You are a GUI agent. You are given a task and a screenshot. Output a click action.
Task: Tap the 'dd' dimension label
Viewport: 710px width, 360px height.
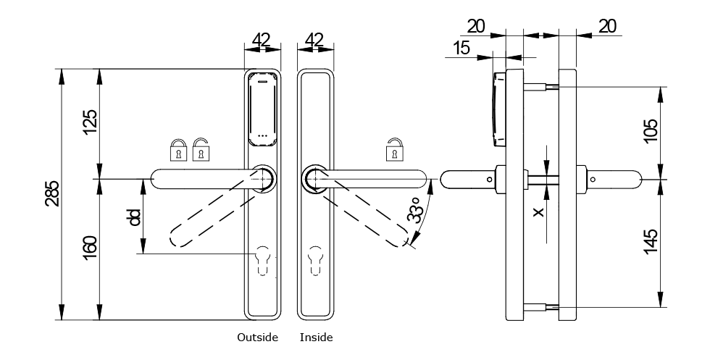pyautogui.click(x=134, y=217)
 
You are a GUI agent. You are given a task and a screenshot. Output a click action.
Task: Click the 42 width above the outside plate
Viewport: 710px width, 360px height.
pyautogui.click(x=262, y=40)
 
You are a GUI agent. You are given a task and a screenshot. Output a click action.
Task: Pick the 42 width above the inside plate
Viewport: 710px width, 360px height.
pyautogui.click(x=316, y=40)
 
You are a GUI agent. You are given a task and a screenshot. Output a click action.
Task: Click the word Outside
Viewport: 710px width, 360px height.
pyautogui.click(x=257, y=338)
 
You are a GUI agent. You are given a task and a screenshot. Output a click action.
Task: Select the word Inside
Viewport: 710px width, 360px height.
pyautogui.click(x=316, y=338)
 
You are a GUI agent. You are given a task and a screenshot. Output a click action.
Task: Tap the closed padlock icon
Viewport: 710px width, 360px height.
pyautogui.click(x=177, y=151)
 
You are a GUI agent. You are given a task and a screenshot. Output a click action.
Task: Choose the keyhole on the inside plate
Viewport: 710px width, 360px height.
pyautogui.click(x=316, y=261)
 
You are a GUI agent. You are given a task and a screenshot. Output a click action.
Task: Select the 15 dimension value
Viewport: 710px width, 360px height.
pyautogui.click(x=461, y=49)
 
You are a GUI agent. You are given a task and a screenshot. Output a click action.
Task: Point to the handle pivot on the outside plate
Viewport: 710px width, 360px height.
pyautogui.click(x=262, y=177)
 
